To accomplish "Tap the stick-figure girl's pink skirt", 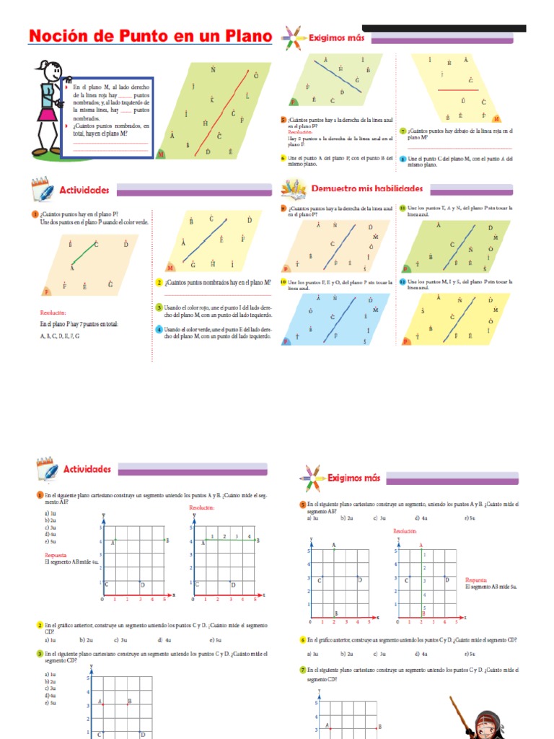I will click(47, 115).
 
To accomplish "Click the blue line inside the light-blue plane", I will click(343, 318).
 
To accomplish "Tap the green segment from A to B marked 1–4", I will click(227, 541).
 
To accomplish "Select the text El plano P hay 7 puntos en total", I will click(79, 325).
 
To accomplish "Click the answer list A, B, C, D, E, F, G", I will click(60, 336).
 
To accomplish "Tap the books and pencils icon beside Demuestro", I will click(294, 189).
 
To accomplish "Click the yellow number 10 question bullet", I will click(283, 281).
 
